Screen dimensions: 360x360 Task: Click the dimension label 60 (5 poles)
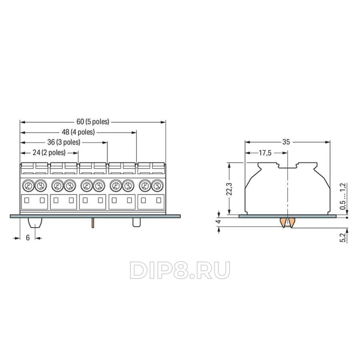tap(93, 122)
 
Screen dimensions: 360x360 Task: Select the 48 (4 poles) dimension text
tap(78, 132)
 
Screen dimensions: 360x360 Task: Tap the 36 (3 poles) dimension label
tap(64, 142)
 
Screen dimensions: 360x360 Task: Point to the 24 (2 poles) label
tap(49, 152)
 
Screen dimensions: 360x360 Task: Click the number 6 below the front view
tap(28, 238)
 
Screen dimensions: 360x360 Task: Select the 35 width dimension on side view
tap(286, 142)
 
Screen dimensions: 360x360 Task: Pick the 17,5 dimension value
tap(265, 153)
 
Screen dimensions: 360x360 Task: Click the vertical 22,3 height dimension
tap(229, 189)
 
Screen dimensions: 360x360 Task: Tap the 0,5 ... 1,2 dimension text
tap(343, 196)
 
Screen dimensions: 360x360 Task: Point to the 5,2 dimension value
tap(343, 238)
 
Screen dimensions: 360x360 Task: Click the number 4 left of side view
tap(218, 221)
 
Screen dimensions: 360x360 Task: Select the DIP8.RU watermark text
tap(180, 270)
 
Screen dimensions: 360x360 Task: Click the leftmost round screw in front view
tap(28, 185)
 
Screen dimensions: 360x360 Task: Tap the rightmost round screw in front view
tap(157, 185)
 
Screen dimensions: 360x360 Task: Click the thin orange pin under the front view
tap(93, 223)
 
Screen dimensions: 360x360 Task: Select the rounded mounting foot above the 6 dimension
tap(35, 223)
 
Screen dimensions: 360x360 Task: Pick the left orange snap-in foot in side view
tap(283, 222)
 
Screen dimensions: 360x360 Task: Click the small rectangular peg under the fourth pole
tap(137, 222)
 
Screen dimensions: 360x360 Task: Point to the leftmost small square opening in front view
tap(27, 200)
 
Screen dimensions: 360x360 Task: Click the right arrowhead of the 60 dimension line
tap(163, 122)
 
